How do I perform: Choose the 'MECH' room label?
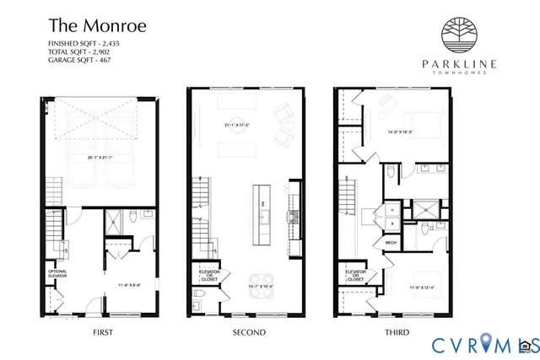[391, 242]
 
